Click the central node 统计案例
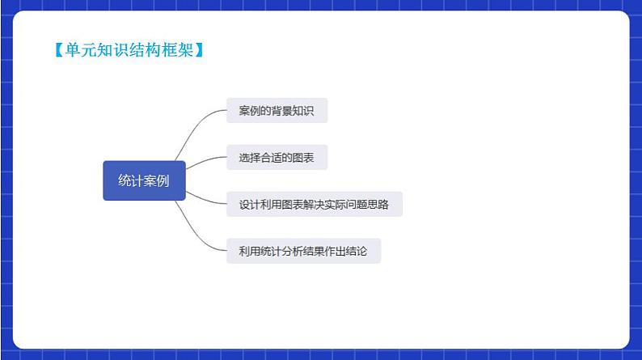tap(144, 181)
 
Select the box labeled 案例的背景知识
tap(277, 111)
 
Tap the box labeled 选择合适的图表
tap(277, 158)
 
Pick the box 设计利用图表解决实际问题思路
tap(314, 205)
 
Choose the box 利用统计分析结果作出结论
tap(303, 252)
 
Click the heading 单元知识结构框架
tap(128, 50)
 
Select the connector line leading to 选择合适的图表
tap(206, 162)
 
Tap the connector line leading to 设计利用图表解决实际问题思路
tap(206, 199)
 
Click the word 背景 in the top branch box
tap(283, 111)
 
